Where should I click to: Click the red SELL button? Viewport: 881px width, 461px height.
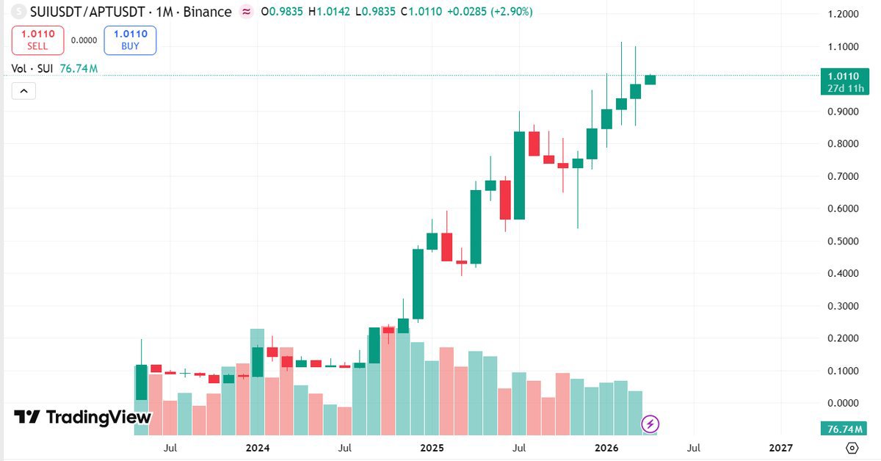click(37, 40)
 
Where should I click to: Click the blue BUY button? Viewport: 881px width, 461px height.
click(130, 40)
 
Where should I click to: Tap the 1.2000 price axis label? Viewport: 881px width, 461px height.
click(843, 14)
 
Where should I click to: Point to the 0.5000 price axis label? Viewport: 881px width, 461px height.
click(843, 242)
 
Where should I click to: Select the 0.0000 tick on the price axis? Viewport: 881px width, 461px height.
click(843, 403)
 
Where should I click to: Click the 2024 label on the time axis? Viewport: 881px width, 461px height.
click(258, 447)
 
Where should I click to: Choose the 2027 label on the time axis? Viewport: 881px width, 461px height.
click(780, 447)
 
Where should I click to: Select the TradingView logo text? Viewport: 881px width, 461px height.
click(83, 417)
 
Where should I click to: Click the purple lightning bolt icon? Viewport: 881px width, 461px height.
click(650, 424)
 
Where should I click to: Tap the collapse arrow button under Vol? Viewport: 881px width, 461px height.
click(23, 91)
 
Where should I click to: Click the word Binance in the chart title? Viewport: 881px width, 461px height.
click(208, 12)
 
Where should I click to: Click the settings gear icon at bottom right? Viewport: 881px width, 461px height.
click(852, 447)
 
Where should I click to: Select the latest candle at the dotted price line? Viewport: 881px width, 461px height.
click(650, 79)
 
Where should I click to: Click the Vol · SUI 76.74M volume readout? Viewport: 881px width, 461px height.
click(55, 69)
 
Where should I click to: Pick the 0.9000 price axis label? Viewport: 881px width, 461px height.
click(843, 112)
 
